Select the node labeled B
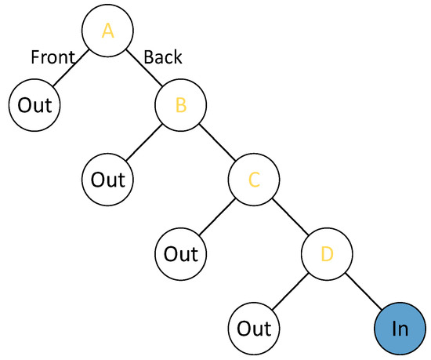click(x=180, y=104)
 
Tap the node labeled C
click(x=254, y=179)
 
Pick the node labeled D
click(x=328, y=253)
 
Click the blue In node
click(x=400, y=328)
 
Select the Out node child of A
click(x=34, y=104)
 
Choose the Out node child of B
click(x=107, y=179)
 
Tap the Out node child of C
click(x=181, y=253)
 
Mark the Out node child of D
click(x=255, y=328)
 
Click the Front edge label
click(x=53, y=57)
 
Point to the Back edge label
click(x=163, y=57)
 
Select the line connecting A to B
click(x=143, y=67)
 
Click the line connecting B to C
click(x=217, y=142)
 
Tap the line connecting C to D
click(x=291, y=216)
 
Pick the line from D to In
click(x=364, y=291)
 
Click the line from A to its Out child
click(x=71, y=67)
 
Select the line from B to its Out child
click(x=144, y=142)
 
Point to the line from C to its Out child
click(x=218, y=216)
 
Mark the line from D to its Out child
click(x=292, y=291)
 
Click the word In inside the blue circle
click(x=400, y=329)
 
